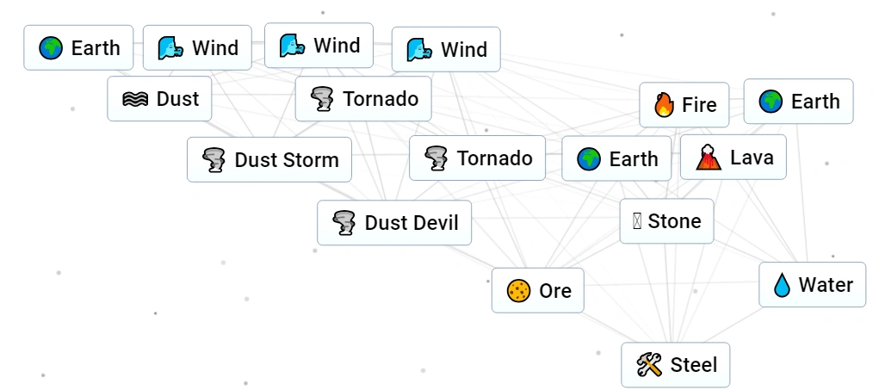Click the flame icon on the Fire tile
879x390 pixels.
point(664,105)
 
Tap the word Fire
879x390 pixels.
point(699,105)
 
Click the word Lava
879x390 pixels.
point(752,158)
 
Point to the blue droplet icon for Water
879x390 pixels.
point(782,285)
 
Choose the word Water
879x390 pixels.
point(826,285)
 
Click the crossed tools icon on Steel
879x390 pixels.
point(648,365)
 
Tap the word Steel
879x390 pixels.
point(694,365)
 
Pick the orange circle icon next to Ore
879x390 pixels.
point(517,291)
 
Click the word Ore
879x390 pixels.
point(555,291)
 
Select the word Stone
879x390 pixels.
point(675,221)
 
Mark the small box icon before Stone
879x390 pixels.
point(637,221)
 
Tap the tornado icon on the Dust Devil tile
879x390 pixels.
point(344,223)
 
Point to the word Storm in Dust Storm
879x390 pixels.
point(311,160)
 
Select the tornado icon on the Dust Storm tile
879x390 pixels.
point(214,160)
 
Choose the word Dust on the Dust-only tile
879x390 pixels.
point(177,99)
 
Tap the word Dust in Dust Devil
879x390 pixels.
point(385,223)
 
